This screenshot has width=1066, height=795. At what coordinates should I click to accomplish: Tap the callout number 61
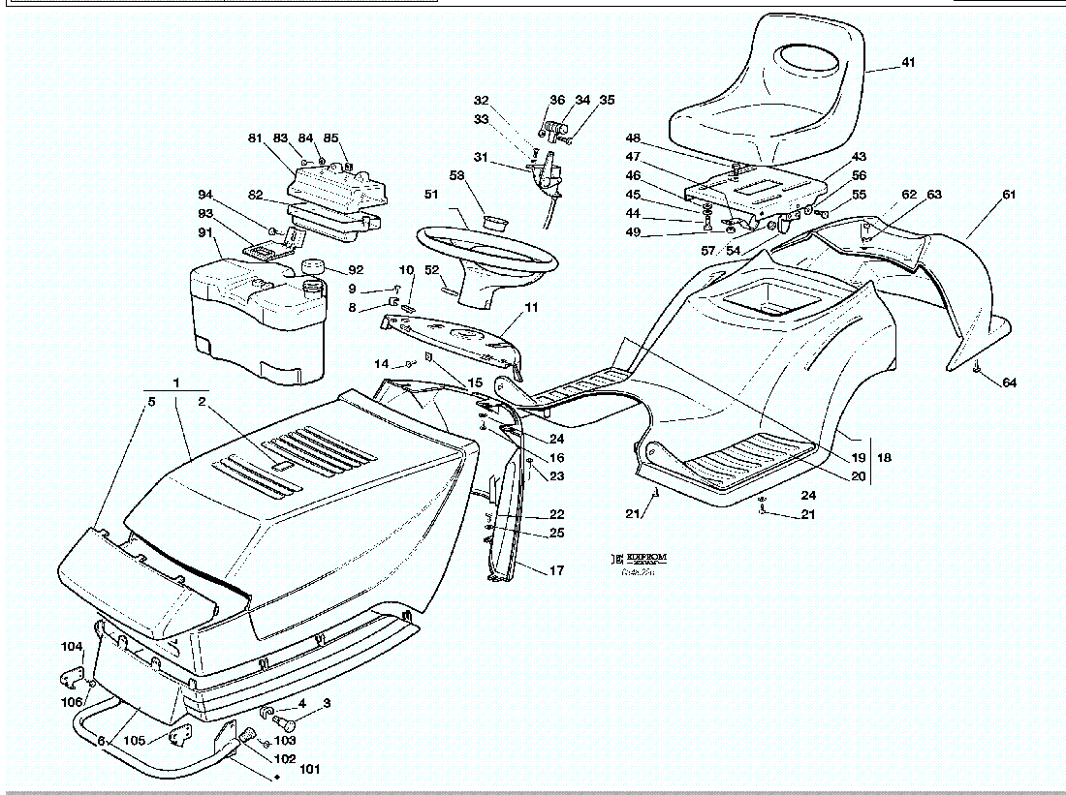(1009, 195)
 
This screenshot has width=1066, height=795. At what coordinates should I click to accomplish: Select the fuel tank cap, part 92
(313, 266)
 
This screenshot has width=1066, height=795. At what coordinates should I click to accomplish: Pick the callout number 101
(309, 771)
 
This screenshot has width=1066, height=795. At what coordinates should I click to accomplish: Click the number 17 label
(556, 571)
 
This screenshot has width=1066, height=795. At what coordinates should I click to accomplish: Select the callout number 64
(1009, 383)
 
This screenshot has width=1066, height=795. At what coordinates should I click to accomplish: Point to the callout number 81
(256, 138)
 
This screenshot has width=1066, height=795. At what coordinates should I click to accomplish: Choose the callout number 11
(531, 308)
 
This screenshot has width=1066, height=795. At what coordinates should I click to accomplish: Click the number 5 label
(150, 400)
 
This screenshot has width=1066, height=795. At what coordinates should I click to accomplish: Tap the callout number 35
(607, 100)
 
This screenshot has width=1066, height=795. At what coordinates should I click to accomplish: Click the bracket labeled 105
(178, 738)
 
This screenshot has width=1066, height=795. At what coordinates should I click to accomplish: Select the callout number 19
(858, 456)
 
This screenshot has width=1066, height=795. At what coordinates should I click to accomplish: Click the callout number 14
(383, 364)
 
